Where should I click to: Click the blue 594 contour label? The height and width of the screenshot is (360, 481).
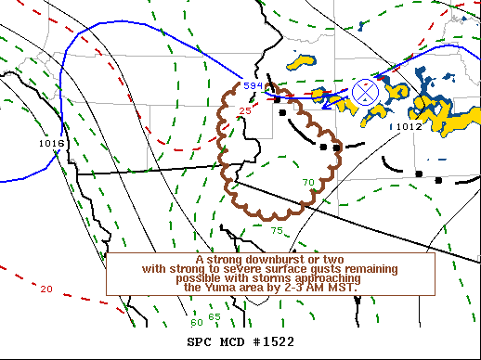[x=253, y=85]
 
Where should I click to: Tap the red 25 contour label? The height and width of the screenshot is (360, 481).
[x=245, y=111]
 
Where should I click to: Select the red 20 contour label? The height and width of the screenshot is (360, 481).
[x=46, y=289]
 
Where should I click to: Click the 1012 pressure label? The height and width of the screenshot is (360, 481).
[x=409, y=127]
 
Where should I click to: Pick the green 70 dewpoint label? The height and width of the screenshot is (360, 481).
[x=308, y=181]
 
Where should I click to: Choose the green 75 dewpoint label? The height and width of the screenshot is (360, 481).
[x=277, y=229]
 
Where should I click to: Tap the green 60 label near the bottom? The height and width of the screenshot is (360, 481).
[x=196, y=322]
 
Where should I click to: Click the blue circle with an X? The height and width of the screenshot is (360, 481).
[x=366, y=91]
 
